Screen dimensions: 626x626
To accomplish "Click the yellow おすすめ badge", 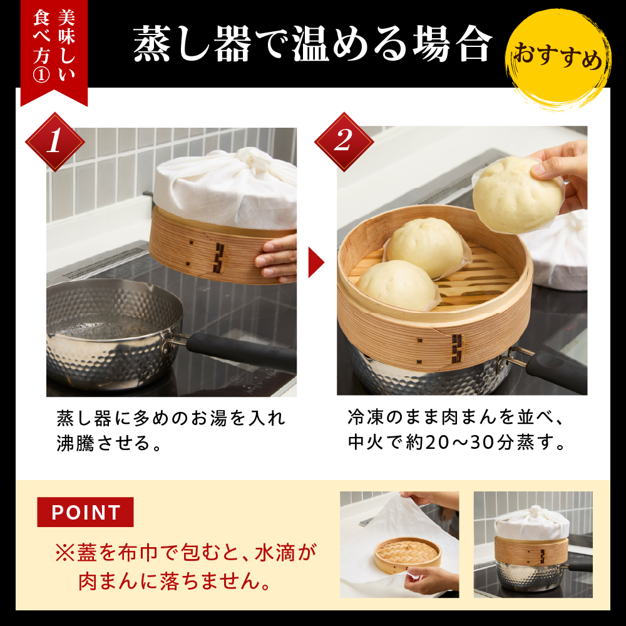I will pyautogui.click(x=558, y=61).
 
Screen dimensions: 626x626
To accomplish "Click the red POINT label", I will pyautogui.click(x=85, y=513).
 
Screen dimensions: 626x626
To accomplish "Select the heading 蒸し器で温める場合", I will pyautogui.click(x=312, y=44).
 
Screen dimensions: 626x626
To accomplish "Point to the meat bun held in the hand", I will pyautogui.click(x=517, y=194).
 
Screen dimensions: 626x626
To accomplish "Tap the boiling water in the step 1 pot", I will pyautogui.click(x=106, y=326).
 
